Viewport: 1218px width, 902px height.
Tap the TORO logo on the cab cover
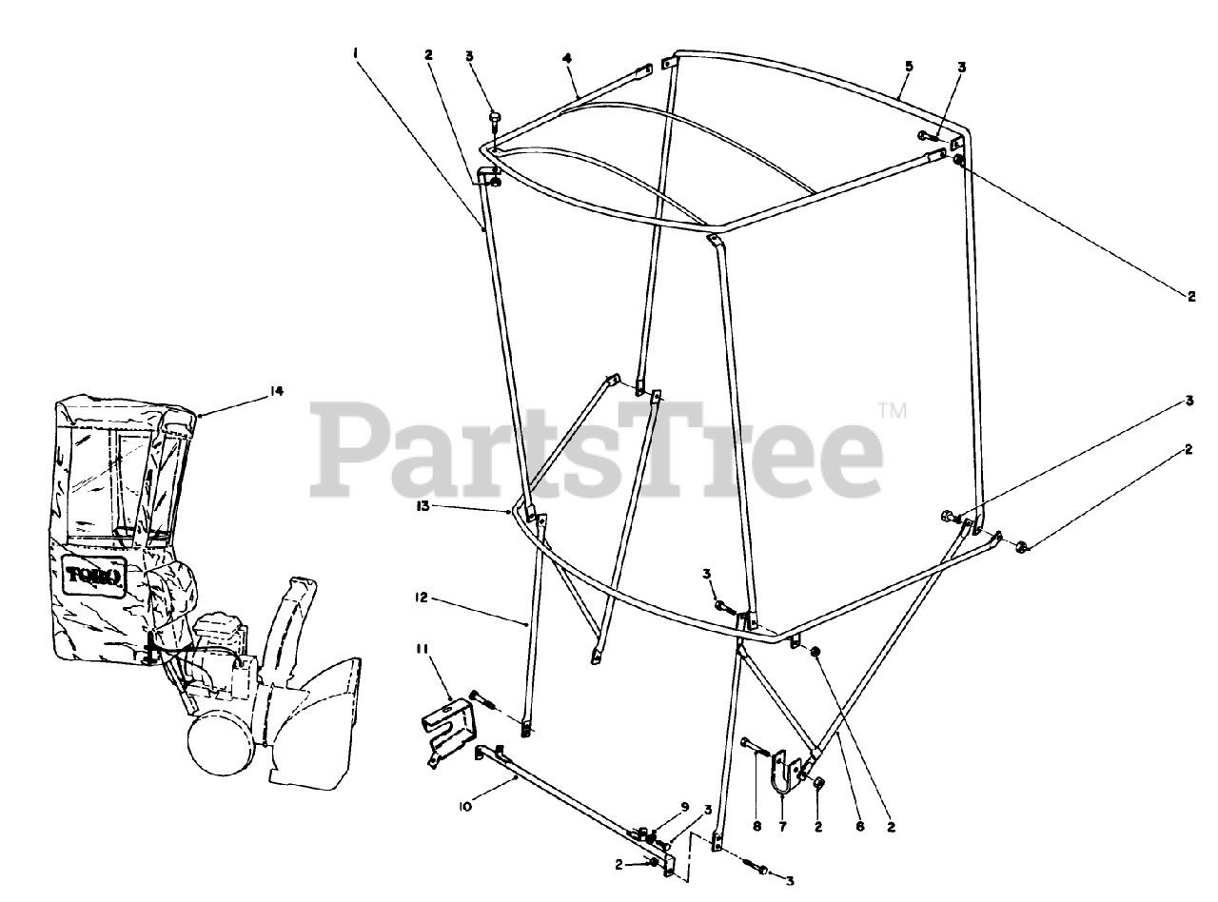click(x=94, y=575)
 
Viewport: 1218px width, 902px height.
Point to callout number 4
click(x=567, y=58)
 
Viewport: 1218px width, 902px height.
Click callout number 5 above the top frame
click(x=909, y=66)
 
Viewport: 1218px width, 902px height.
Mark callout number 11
click(x=421, y=649)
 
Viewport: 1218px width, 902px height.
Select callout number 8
click(x=757, y=827)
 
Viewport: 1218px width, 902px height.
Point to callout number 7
click(x=783, y=827)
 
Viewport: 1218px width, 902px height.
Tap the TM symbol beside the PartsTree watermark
click(x=892, y=411)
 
